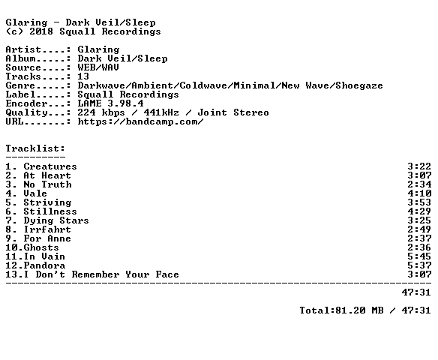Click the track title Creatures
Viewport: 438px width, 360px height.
[50, 166]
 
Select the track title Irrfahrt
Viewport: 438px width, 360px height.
[47, 229]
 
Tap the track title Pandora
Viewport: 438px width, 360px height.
[44, 265]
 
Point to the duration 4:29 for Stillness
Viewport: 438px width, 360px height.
[419, 211]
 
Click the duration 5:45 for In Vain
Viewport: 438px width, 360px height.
[419, 256]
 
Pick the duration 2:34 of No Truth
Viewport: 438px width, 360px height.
[419, 184]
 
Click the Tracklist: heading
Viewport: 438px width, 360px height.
[35, 148]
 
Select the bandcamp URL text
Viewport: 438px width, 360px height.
[140, 121]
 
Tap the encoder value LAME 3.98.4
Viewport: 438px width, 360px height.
[110, 103]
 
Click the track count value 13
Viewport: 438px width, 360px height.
[83, 76]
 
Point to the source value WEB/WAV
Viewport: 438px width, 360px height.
[98, 67]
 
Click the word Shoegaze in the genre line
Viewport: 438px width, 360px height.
[359, 85]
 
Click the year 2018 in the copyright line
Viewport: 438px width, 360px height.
[41, 31]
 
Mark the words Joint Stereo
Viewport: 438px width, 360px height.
[233, 112]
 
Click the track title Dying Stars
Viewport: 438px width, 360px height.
[56, 220]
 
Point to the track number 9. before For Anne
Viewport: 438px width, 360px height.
[11, 238]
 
